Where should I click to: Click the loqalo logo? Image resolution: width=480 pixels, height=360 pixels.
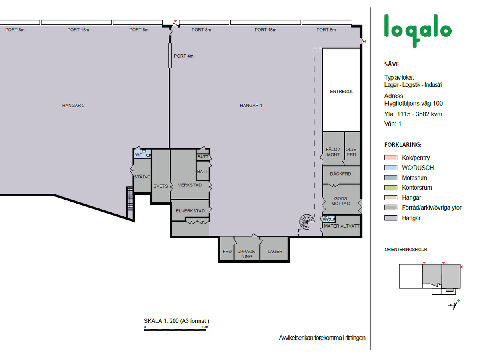418,31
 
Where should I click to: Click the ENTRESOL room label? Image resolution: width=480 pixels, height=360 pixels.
342,92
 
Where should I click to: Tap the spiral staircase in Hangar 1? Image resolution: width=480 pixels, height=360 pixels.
307,222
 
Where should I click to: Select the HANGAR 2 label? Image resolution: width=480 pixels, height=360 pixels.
73,105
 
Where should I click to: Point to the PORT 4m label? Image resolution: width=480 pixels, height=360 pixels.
184,56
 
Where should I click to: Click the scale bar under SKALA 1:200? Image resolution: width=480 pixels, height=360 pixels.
175,330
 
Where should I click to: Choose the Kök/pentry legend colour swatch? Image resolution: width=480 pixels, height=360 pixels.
390,158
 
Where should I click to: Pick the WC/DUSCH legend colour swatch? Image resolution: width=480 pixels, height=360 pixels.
390,168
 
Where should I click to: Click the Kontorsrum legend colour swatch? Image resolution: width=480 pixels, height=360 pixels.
390,188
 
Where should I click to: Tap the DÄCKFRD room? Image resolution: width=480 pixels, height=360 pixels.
341,175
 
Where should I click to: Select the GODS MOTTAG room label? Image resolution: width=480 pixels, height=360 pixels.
340,201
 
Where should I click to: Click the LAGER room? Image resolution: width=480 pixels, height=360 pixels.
274,248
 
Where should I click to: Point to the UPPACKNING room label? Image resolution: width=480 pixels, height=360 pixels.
247,254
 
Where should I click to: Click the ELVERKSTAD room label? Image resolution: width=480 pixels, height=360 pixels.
190,211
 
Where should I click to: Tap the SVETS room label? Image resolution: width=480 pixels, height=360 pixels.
160,186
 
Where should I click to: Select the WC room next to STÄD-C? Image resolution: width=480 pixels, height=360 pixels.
142,154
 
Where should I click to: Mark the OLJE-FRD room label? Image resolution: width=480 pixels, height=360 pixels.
352,152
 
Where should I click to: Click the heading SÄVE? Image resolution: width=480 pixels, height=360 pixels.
392,64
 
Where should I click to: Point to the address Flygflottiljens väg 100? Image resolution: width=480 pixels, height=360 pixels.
413,103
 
